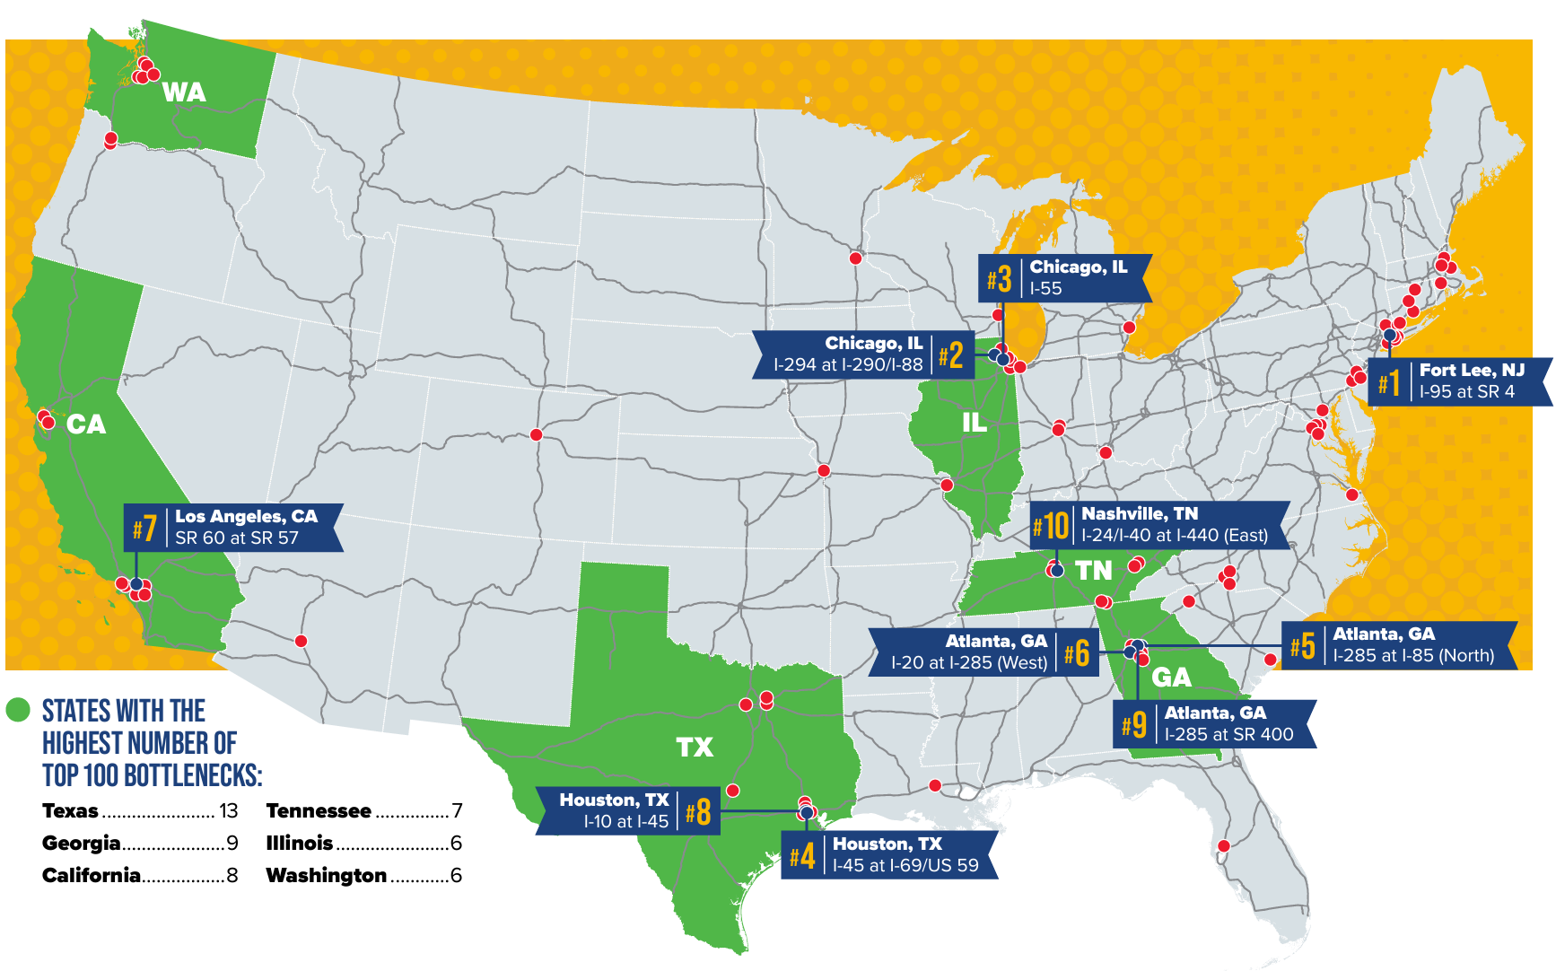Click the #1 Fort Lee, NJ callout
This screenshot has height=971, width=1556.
click(1458, 381)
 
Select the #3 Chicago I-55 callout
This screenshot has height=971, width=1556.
click(1063, 278)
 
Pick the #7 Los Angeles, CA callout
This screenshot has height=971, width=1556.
click(233, 528)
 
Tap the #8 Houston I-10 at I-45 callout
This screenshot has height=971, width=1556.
click(628, 810)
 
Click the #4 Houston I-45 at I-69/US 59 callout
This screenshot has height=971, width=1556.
click(888, 855)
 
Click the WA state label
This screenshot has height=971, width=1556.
click(184, 92)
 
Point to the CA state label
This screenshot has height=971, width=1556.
click(86, 424)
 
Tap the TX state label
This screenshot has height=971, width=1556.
click(695, 748)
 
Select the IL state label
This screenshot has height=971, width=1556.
click(975, 423)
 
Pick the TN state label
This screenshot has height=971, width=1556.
click(1094, 571)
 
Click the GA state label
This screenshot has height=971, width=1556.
click(1171, 678)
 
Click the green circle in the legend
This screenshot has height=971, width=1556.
click(18, 710)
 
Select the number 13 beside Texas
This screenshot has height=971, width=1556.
click(229, 811)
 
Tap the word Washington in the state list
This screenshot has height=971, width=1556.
click(327, 876)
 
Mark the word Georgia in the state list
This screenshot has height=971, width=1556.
click(81, 844)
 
